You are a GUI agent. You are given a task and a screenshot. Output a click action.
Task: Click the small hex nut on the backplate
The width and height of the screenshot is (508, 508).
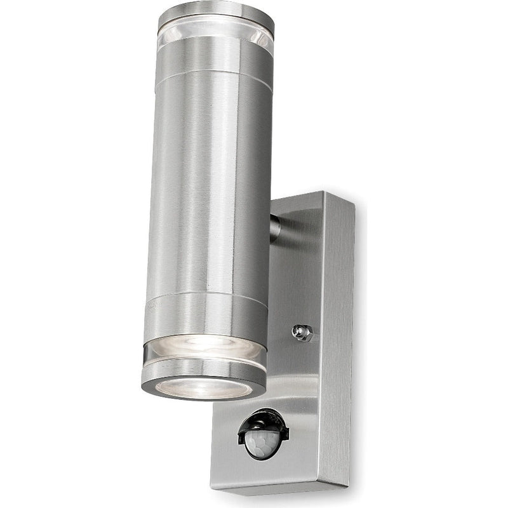pos(302,331)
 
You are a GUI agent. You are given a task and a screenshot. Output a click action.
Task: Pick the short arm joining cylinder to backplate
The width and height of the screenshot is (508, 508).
pos(274,229)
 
